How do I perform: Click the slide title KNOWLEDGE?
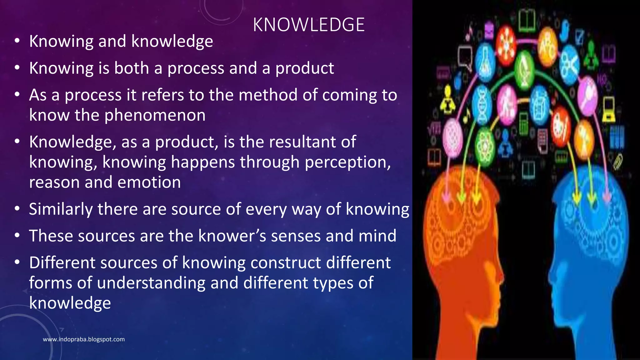[x=309, y=25]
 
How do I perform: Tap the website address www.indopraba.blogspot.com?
[x=84, y=339]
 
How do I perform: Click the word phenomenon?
[x=155, y=115]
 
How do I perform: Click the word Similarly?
[x=61, y=209]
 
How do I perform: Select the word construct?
[x=286, y=263]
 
